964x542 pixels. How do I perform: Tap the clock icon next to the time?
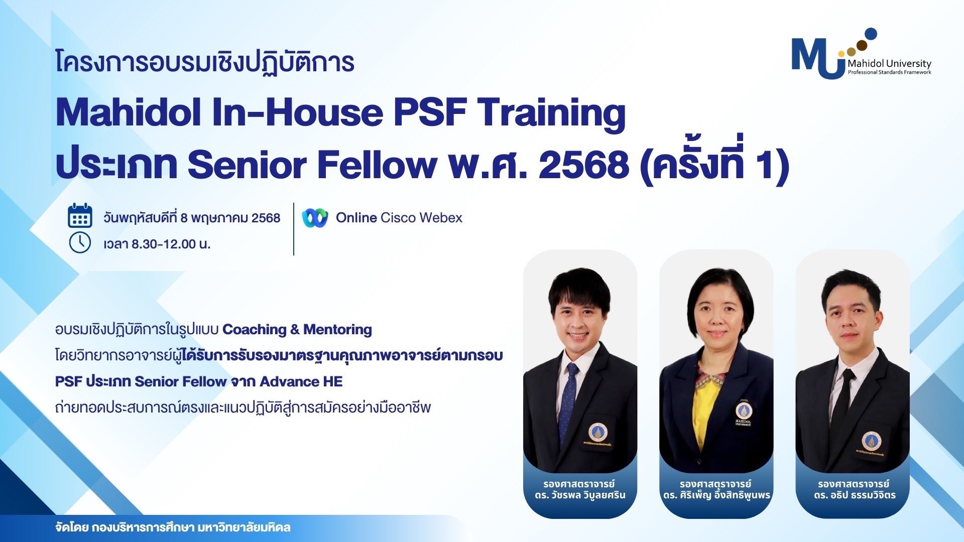coord(80,243)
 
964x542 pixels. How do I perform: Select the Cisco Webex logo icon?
coord(315,218)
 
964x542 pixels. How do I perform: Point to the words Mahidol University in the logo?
coord(889,64)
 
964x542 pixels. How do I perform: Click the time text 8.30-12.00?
coord(164,244)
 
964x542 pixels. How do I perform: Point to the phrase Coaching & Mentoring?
coord(297,330)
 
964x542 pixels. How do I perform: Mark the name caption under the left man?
coord(580,490)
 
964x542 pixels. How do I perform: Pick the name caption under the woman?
coord(716,490)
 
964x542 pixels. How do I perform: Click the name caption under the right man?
coord(853,490)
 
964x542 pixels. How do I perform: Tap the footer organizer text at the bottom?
coord(173,528)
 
